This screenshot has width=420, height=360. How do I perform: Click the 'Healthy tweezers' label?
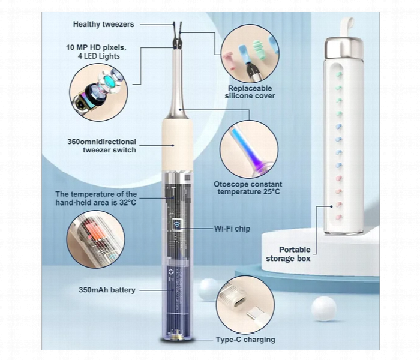[103, 25]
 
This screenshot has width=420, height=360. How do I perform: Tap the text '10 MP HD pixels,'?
[96, 47]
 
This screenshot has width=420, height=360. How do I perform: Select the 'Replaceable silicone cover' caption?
[250, 92]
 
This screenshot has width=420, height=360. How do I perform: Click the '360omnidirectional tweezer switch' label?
[102, 145]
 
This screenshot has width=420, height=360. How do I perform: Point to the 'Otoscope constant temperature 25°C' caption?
[248, 188]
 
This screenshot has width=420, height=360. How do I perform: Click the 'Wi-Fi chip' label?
[232, 229]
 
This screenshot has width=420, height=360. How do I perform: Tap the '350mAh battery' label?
[107, 290]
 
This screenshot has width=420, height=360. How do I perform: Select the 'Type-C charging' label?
[245, 340]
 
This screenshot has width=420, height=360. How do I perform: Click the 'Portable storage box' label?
[288, 254]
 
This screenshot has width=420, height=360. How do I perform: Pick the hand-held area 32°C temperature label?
[96, 198]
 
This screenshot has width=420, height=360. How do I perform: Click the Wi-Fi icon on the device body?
[176, 224]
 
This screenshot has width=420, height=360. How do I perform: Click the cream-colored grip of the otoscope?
[178, 145]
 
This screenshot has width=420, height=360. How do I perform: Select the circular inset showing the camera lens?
[98, 92]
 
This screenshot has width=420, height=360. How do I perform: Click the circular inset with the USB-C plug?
[245, 305]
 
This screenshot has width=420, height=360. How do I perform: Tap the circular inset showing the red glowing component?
[95, 239]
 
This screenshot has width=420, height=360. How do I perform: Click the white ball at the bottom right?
[324, 308]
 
